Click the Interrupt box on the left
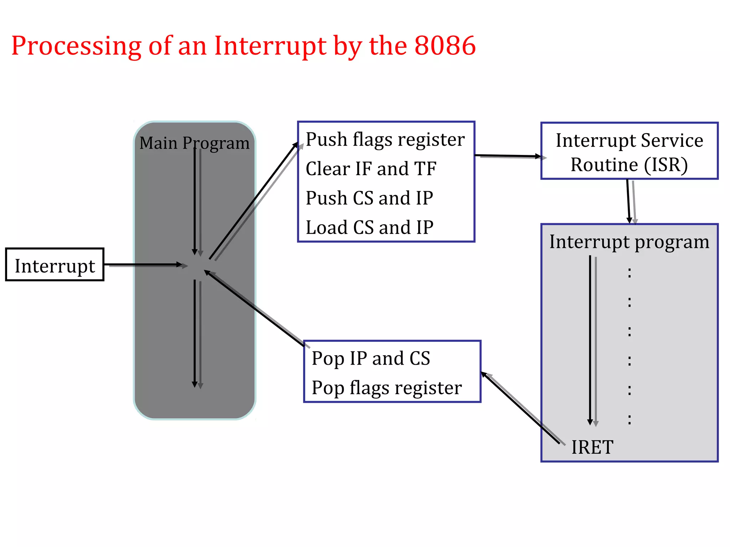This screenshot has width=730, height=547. (55, 265)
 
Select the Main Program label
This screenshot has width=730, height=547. (194, 143)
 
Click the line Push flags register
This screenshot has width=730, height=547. (385, 140)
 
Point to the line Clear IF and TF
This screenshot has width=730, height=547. (371, 169)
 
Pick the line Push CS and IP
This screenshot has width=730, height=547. (369, 198)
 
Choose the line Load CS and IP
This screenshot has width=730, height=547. (369, 227)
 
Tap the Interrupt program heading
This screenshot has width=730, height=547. (629, 242)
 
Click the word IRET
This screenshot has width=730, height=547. (592, 447)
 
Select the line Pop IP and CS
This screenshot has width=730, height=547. (371, 358)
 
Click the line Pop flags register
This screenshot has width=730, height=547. (386, 388)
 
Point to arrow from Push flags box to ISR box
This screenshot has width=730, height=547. (508, 156)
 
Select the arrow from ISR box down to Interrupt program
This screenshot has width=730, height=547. (629, 201)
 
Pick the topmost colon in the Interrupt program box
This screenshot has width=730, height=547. (629, 273)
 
